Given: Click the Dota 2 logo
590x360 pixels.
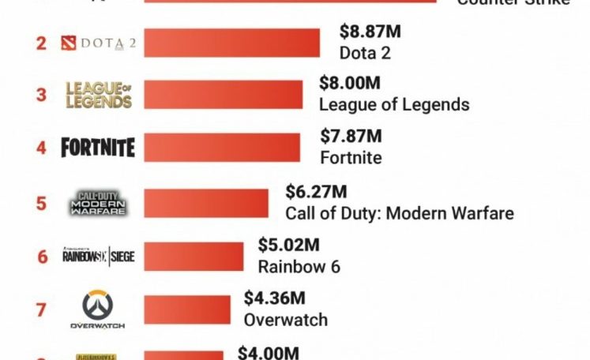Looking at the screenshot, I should click(x=98, y=43).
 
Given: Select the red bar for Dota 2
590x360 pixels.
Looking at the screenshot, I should click(x=231, y=43).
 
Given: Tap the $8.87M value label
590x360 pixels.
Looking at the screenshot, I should click(x=370, y=32).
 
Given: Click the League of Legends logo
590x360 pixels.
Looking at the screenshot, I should click(x=99, y=95).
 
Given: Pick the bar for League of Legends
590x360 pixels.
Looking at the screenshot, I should click(x=223, y=95).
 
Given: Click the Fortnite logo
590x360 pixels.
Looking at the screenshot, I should click(x=98, y=148).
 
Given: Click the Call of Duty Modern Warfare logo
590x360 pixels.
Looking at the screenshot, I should click(x=98, y=203).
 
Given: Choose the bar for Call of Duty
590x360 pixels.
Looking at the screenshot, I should click(x=205, y=203).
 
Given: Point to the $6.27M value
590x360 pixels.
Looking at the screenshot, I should click(x=315, y=192).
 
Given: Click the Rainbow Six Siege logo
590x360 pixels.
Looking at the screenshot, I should click(x=98, y=256).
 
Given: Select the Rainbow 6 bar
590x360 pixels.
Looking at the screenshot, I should click(x=194, y=256).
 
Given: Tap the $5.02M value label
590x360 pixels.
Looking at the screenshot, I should click(x=288, y=245).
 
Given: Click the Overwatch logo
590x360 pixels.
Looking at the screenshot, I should click(x=98, y=309).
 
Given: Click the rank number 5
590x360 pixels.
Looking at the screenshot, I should click(x=41, y=203).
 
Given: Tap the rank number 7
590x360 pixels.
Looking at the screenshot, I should click(x=41, y=309).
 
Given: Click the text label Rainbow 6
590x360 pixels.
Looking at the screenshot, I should click(x=299, y=266).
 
